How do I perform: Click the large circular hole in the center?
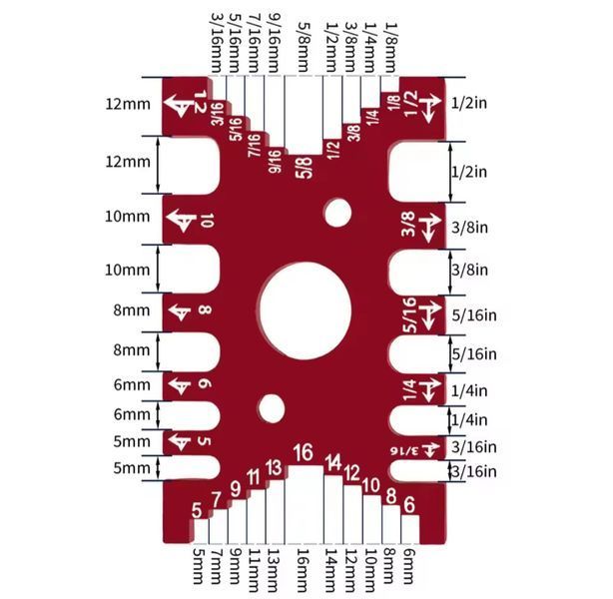(x=306, y=310)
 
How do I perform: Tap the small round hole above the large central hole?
(x=337, y=213)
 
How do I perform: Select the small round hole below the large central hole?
(x=271, y=408)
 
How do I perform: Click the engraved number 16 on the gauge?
(x=304, y=452)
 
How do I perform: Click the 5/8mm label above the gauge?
(x=304, y=47)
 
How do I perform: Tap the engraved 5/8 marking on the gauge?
(x=305, y=168)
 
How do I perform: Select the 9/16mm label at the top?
(x=273, y=43)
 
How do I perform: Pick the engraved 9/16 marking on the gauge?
(x=275, y=161)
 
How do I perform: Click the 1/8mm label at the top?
(x=391, y=47)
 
